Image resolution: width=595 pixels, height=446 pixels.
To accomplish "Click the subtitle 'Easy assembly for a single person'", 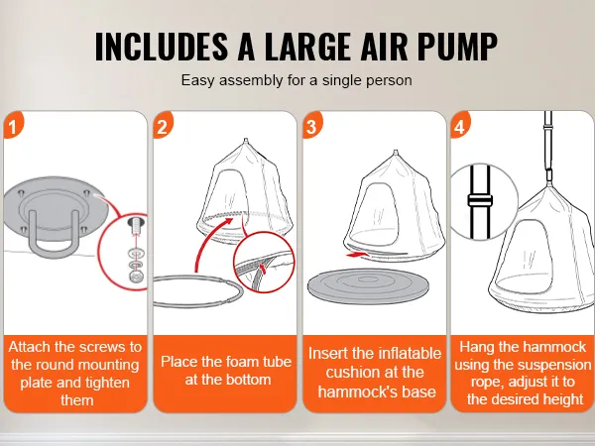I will click(x=297, y=81).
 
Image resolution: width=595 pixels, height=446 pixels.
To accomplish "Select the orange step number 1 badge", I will click(x=12, y=126).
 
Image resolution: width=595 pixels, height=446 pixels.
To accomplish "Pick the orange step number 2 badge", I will click(x=164, y=126).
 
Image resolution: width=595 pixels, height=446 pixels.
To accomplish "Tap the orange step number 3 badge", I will click(x=312, y=126).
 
